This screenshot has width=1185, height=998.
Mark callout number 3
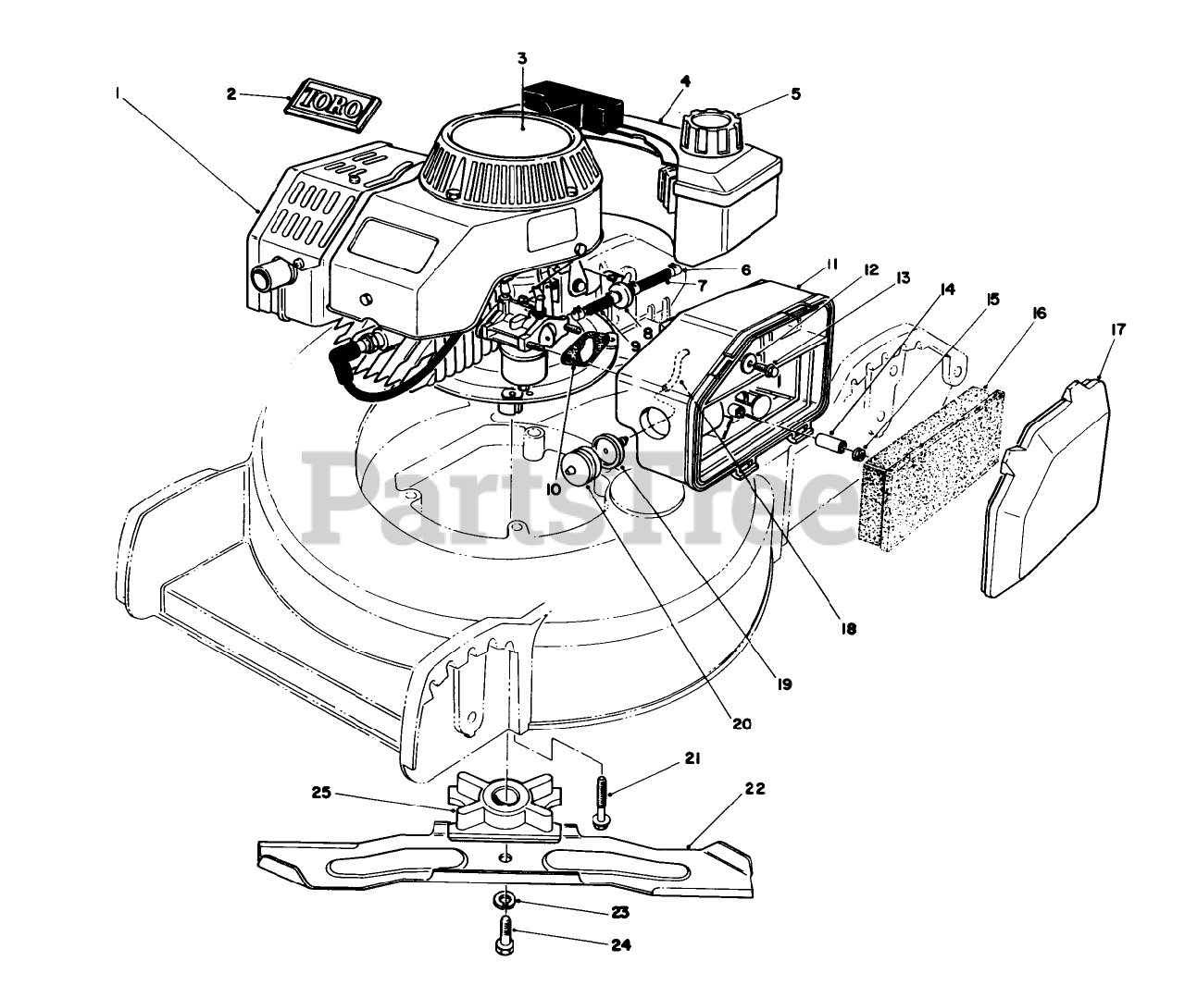[522, 58]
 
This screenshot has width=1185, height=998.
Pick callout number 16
[1038, 314]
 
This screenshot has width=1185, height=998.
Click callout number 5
[795, 94]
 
